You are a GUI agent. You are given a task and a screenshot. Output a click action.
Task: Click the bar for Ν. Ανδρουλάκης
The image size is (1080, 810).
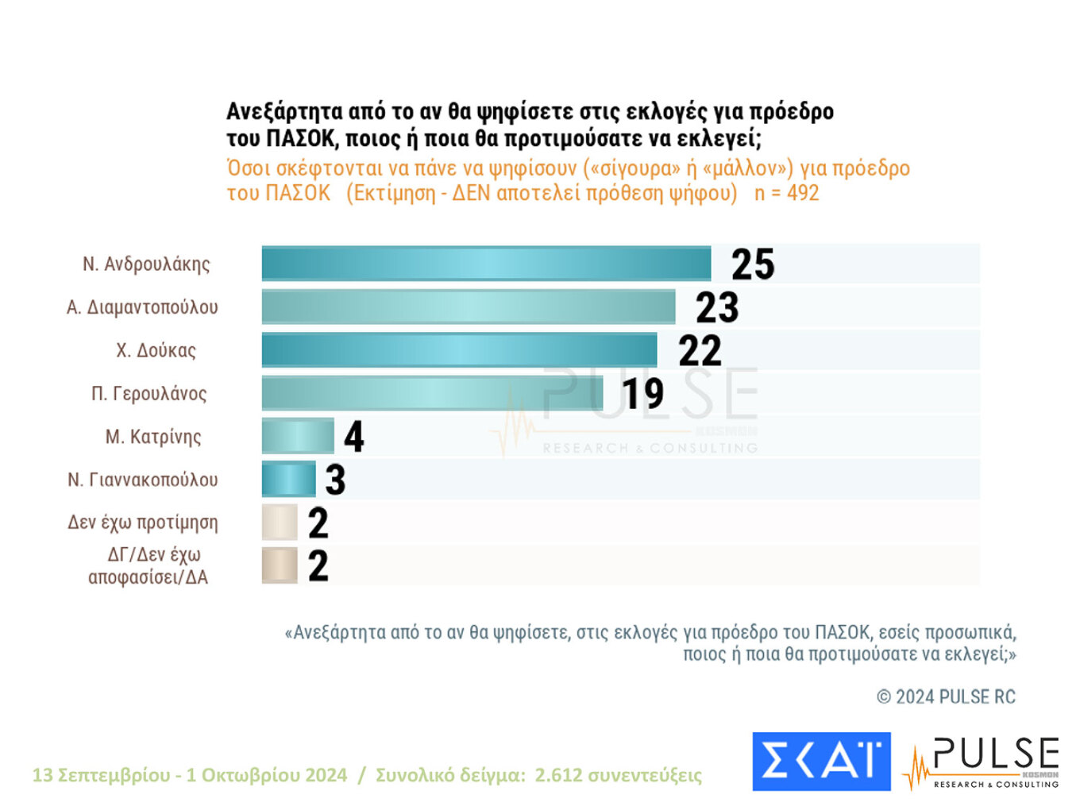coord(486,264)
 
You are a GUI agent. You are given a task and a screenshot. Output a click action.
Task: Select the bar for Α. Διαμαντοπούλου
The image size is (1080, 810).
coord(469,307)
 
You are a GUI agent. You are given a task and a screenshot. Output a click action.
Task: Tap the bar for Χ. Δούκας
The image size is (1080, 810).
coord(459,350)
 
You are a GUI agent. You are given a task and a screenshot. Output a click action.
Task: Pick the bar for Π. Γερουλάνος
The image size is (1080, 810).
coord(432,393)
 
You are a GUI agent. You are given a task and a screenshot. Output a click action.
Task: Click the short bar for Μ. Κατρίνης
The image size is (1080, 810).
coord(298,436)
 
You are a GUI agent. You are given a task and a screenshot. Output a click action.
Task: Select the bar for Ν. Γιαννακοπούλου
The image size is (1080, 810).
coord(288,479)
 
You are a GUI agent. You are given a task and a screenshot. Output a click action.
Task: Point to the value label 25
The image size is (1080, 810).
coord(752,264)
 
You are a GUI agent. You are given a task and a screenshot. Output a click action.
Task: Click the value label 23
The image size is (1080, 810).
coord(717,307)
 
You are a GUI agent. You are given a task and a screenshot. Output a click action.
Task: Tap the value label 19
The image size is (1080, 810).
coord(642,394)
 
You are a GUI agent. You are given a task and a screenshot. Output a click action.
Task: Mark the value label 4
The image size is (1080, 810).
coord(353,437)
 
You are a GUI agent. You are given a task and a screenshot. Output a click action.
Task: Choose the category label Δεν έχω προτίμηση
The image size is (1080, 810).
coord(143,523)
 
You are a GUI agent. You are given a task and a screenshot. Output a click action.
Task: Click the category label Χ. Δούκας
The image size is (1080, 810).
coord(156,350)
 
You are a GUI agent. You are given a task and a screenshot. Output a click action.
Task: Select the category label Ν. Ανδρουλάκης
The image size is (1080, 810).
coord(146,264)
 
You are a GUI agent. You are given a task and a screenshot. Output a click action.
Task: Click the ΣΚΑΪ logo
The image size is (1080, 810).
coord(821,761)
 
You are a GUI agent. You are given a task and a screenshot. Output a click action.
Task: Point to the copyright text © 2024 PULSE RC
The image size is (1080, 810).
coord(946,697)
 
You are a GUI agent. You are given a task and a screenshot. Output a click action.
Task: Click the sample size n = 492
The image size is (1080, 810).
coord(786,193)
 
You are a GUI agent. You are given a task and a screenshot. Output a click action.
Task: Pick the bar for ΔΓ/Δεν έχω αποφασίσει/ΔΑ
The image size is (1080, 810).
coord(280,565)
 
